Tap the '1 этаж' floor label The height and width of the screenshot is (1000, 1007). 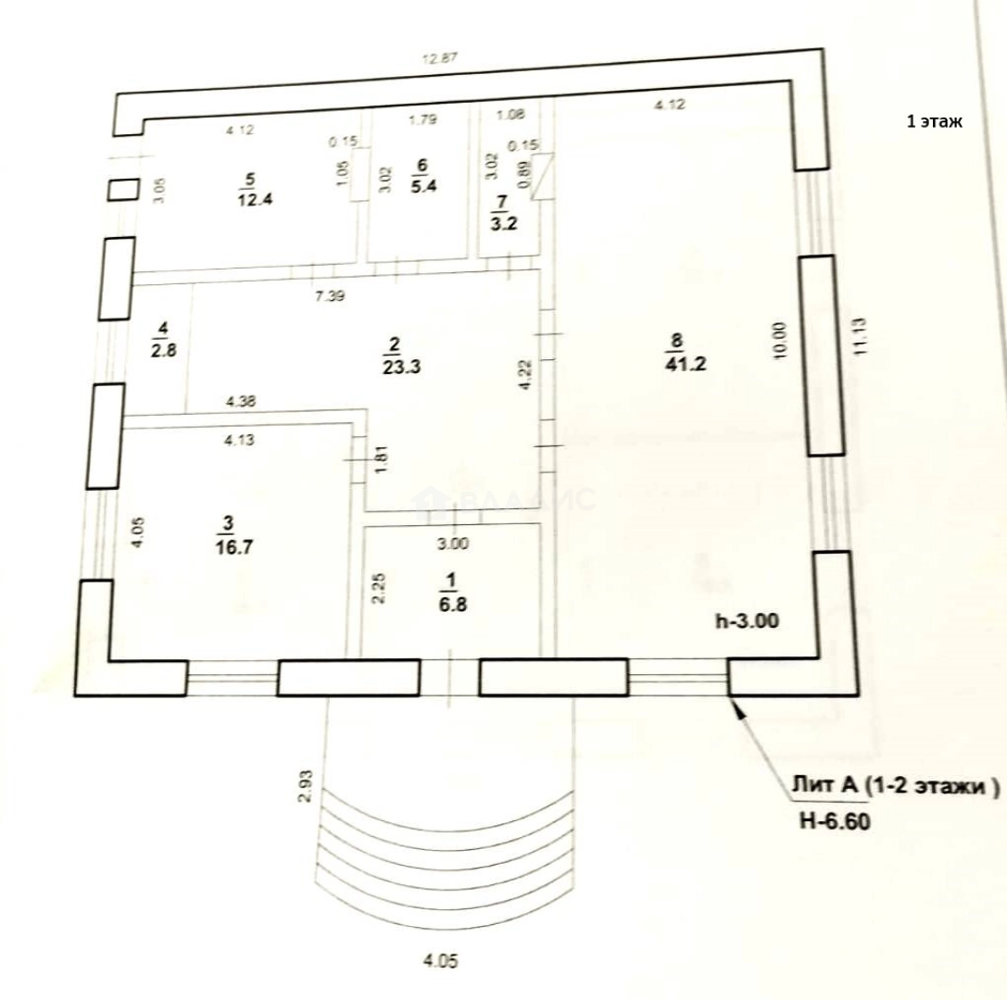936,121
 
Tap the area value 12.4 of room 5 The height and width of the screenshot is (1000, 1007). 245,199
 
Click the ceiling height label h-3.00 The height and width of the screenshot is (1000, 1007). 747,622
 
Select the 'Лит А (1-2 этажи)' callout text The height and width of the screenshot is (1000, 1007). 894,788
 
